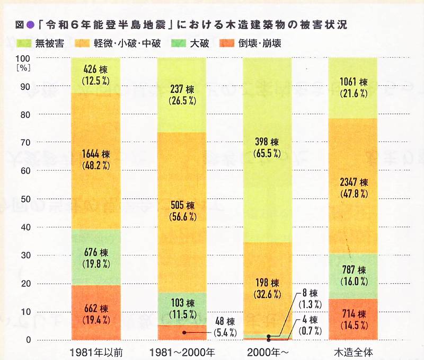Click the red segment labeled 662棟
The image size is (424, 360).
(x=95, y=313)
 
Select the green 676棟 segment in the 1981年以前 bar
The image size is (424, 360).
(x=95, y=257)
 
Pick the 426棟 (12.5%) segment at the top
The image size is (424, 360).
(x=95, y=75)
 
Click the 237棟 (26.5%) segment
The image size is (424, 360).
(x=181, y=94)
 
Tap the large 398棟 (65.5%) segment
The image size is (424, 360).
(x=267, y=149)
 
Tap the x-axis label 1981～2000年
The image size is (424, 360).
(x=181, y=351)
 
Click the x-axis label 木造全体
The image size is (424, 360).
(x=353, y=351)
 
